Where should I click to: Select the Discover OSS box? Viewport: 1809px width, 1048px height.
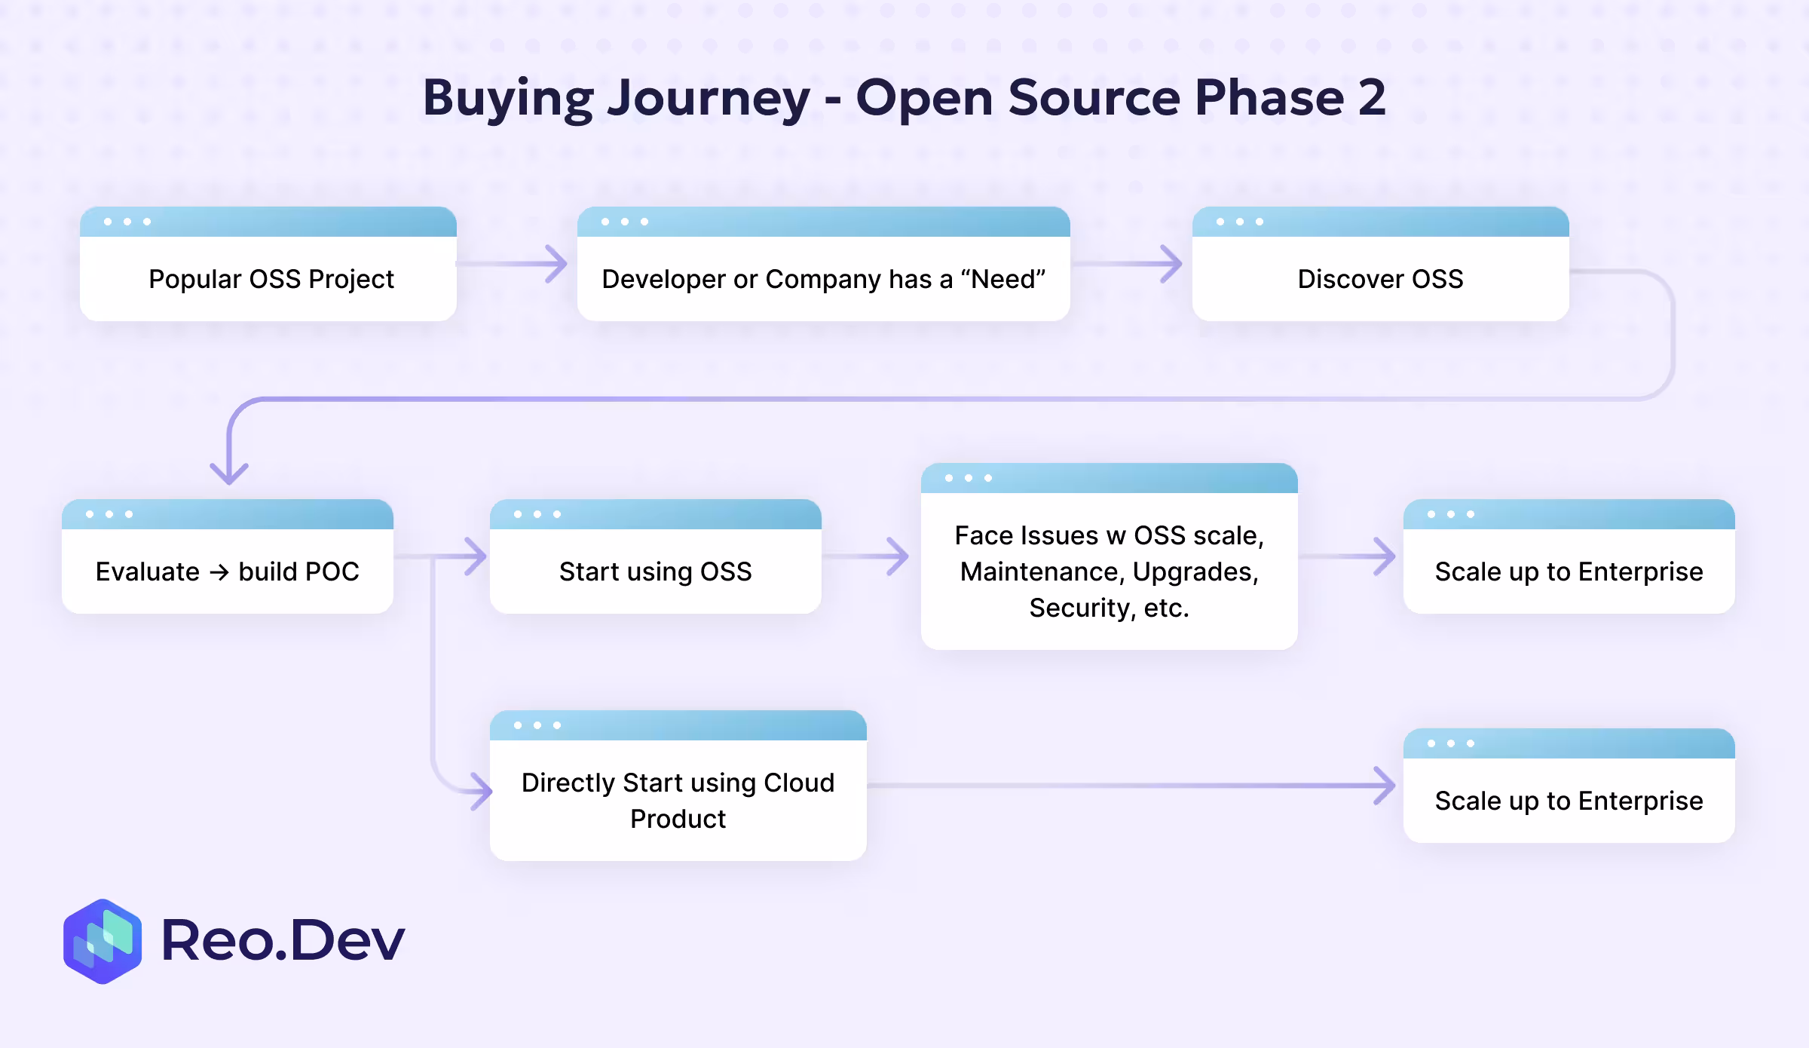point(1380,278)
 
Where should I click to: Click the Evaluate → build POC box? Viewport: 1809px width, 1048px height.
point(227,571)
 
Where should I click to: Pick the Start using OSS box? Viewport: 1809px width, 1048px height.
point(655,571)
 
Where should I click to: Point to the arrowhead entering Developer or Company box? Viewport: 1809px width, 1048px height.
point(557,264)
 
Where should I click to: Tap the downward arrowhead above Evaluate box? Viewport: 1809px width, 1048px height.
point(229,473)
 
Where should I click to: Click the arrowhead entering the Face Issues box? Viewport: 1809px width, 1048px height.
point(898,556)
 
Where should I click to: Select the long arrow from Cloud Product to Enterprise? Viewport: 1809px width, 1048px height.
point(1131,786)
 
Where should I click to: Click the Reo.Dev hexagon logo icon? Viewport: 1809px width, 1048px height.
point(103,941)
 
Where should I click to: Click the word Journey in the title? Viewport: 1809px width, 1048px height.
point(709,98)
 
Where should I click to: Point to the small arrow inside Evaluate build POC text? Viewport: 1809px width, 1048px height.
point(219,572)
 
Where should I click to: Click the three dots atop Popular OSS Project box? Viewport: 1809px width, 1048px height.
point(127,222)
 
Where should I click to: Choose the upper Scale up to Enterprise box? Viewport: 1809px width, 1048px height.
point(1569,571)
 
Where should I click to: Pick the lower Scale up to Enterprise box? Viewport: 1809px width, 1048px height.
point(1569,800)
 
